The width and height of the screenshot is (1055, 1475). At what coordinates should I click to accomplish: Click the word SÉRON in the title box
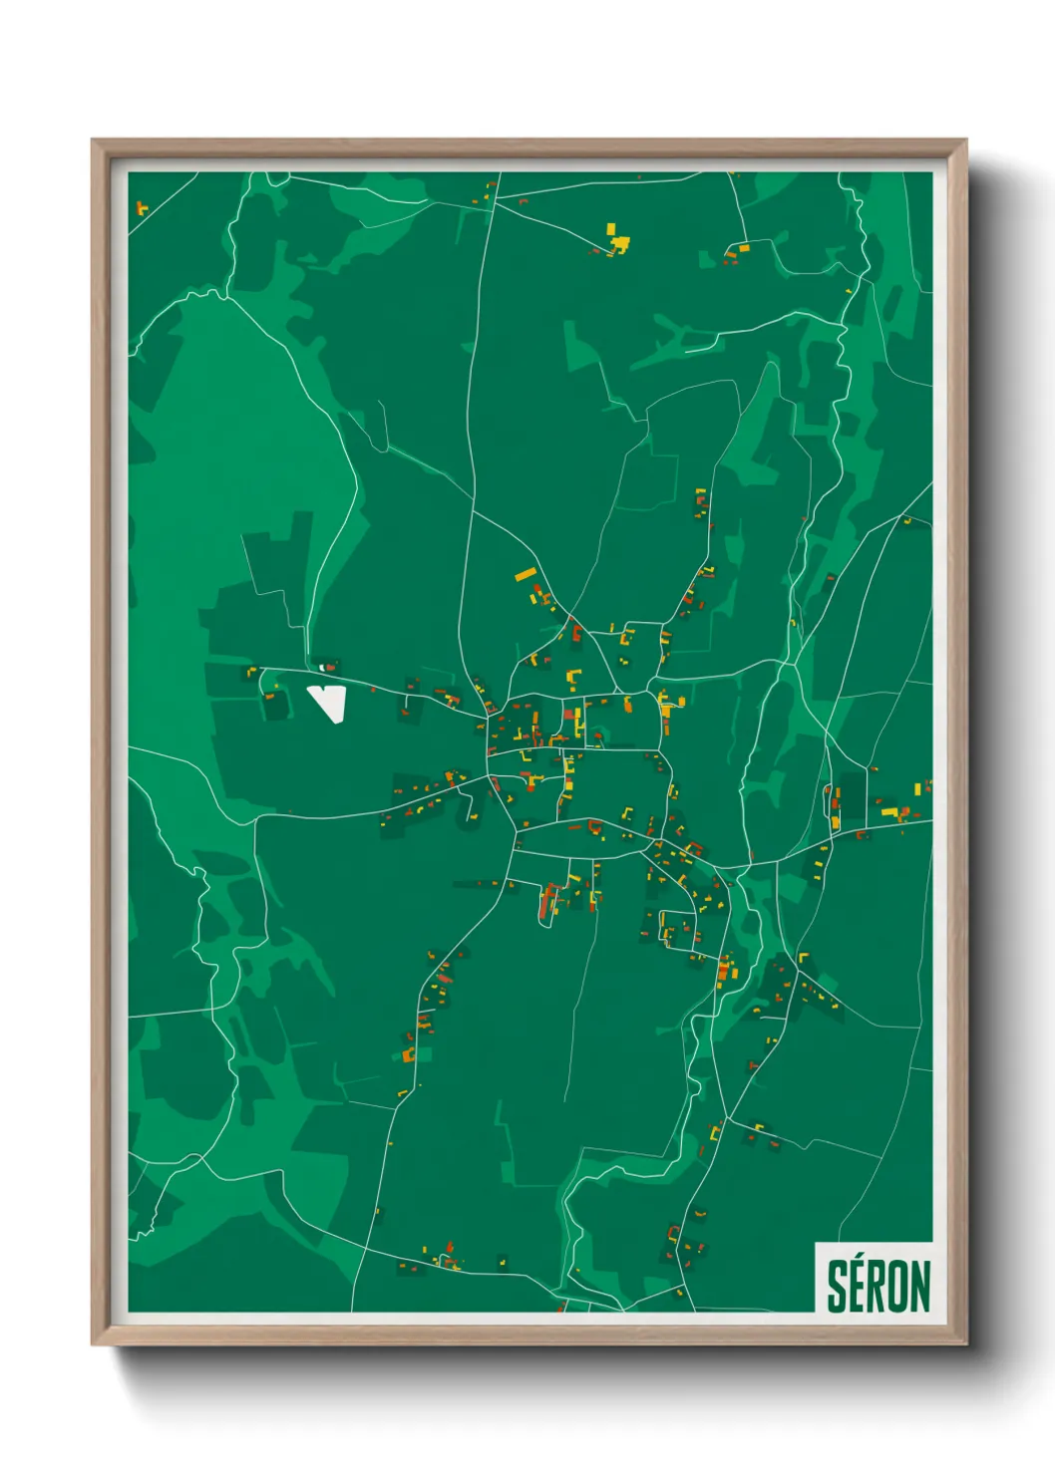coord(879,1286)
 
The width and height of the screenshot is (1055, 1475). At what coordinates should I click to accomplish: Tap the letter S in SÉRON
coord(838,1288)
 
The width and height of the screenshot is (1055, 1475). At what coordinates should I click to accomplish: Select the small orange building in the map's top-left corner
coord(141,208)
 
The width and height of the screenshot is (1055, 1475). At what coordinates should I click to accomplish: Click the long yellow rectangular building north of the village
coord(526,574)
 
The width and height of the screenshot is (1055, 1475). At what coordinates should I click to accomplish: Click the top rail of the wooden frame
coord(528,147)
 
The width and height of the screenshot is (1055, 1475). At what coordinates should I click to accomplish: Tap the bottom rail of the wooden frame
coord(528,1335)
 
